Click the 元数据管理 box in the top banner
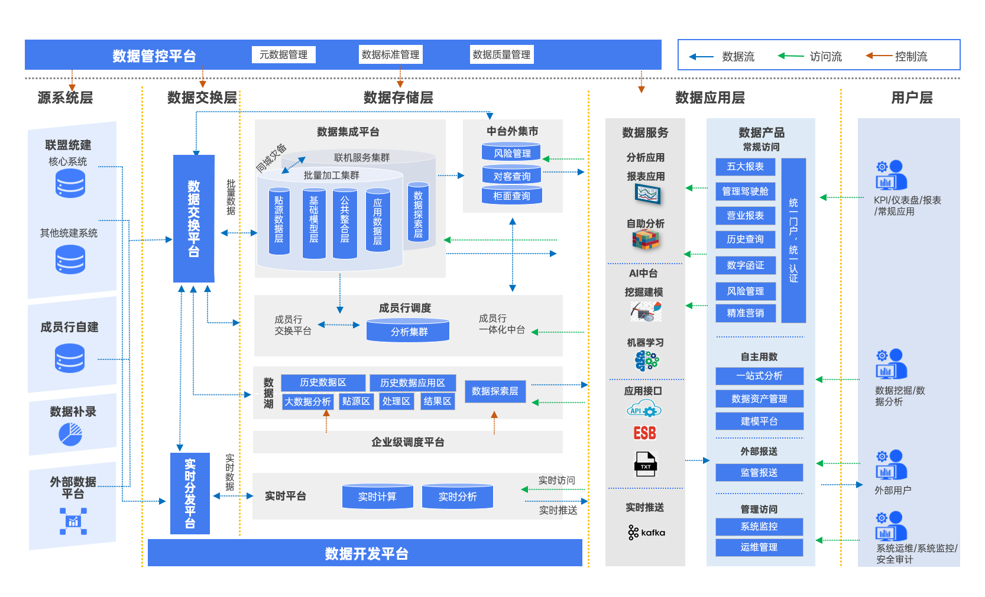[x=283, y=55]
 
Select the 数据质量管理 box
[x=501, y=55]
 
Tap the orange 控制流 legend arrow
[x=879, y=56]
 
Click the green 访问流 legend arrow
[x=790, y=56]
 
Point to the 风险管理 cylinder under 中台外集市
[x=512, y=153]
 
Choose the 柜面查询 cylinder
[x=512, y=196]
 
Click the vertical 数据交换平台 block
[x=193, y=218]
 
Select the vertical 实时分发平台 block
[x=190, y=493]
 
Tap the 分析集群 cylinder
[x=409, y=331]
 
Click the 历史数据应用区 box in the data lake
[x=413, y=383]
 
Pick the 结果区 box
[x=438, y=401]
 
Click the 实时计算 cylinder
[x=377, y=497]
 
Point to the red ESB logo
[x=644, y=433]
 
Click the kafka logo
[x=646, y=533]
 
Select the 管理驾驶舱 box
[x=745, y=191]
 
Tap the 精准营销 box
[x=745, y=313]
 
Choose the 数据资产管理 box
[x=759, y=399]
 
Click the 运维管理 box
[x=759, y=547]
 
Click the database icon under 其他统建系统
[x=70, y=259]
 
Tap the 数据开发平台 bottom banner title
[x=367, y=554]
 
